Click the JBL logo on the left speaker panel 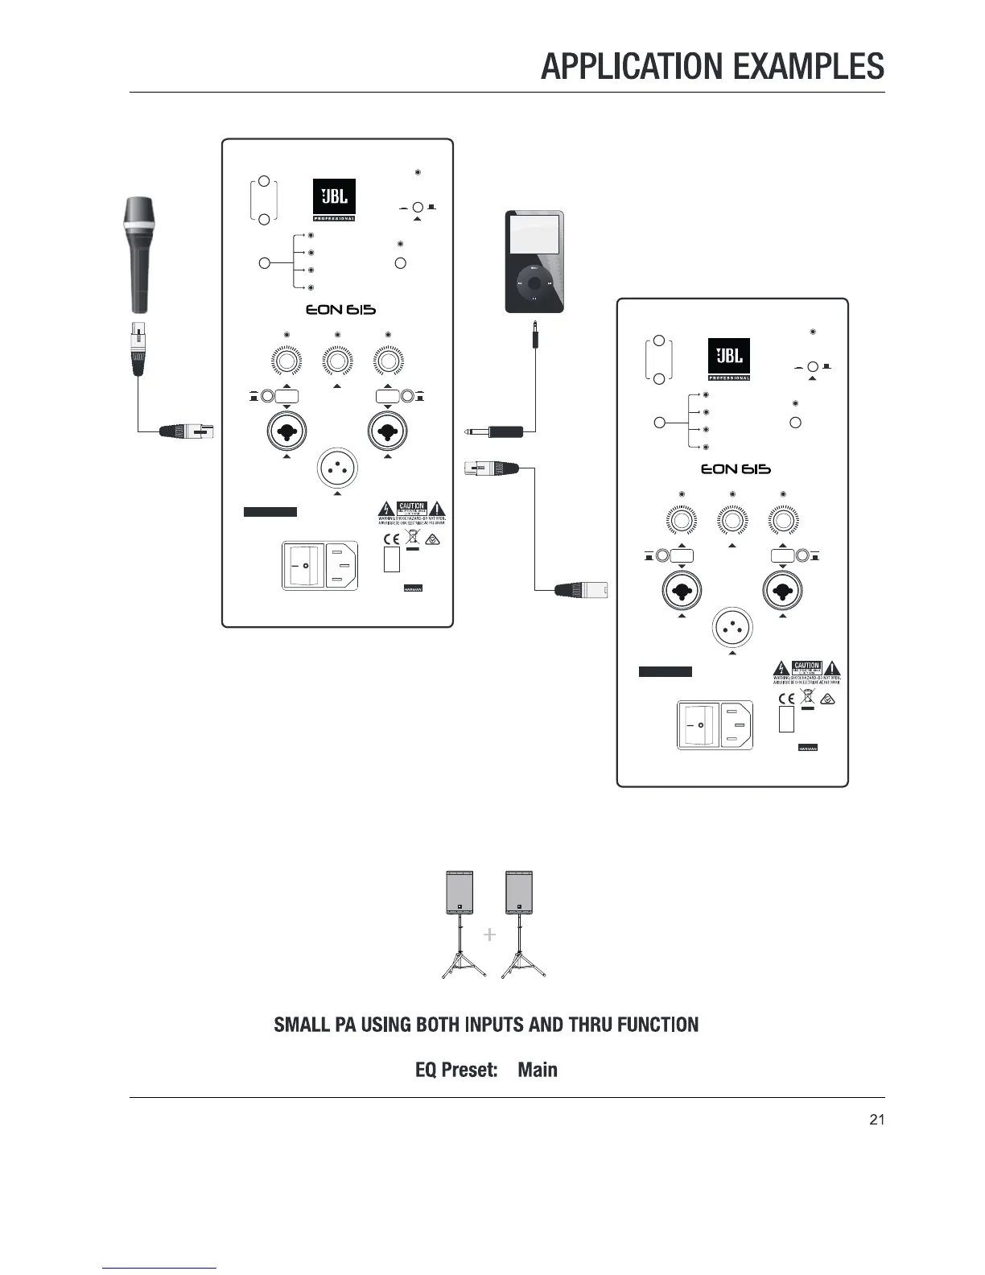click(x=334, y=198)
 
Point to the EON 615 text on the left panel click(x=340, y=310)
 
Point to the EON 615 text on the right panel click(x=735, y=469)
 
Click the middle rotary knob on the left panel click(x=337, y=361)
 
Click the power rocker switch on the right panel click(x=698, y=726)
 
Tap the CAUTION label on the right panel click(x=806, y=666)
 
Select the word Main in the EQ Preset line click(x=538, y=1070)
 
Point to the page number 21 click(x=877, y=1120)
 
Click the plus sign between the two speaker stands click(x=489, y=935)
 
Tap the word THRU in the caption click(x=596, y=1025)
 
